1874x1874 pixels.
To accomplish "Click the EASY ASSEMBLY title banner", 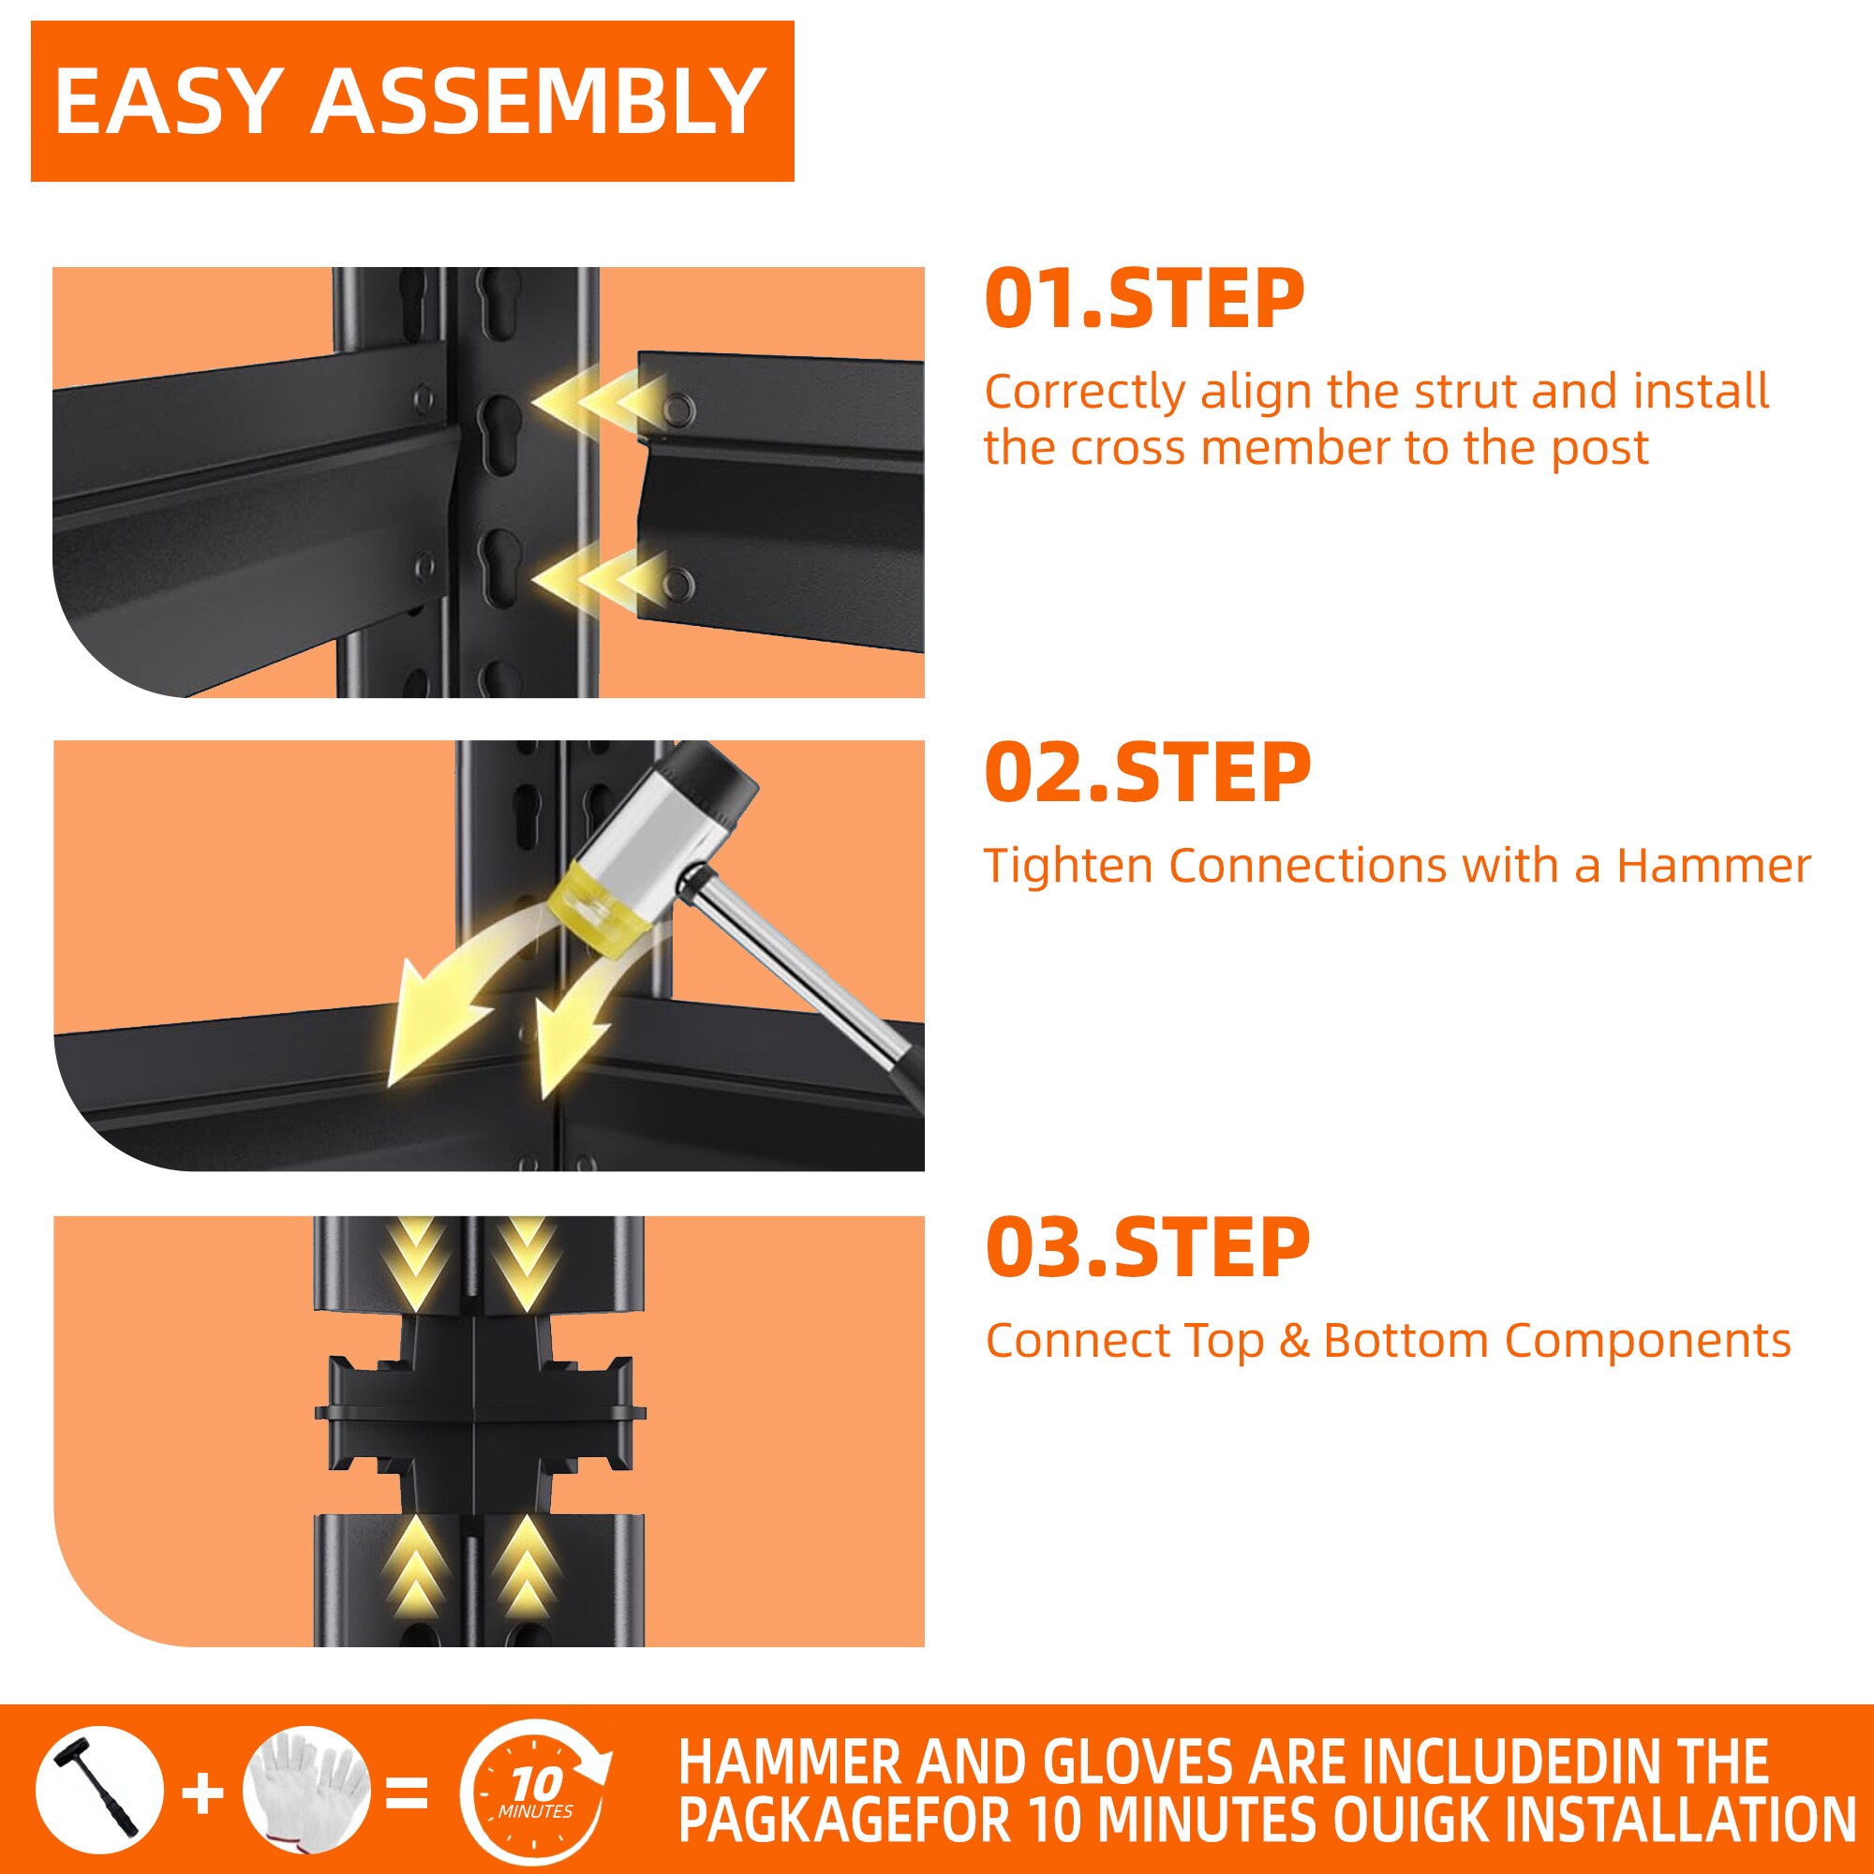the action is (x=412, y=101).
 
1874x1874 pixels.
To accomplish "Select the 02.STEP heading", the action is (x=1148, y=773).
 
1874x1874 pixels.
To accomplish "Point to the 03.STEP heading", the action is (x=1148, y=1247).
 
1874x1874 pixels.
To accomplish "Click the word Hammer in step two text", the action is (x=1713, y=865).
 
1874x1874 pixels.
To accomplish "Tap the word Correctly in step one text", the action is (x=1085, y=393).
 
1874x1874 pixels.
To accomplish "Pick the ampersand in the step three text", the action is (x=1294, y=1341).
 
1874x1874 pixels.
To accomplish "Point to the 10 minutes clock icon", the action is (x=534, y=1791).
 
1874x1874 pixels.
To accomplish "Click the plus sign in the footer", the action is (x=202, y=1793).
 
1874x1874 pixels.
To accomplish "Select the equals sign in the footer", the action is (x=408, y=1793).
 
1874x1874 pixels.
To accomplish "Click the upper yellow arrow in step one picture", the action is (x=599, y=402).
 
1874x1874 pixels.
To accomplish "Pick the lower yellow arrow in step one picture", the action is (x=599, y=580).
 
